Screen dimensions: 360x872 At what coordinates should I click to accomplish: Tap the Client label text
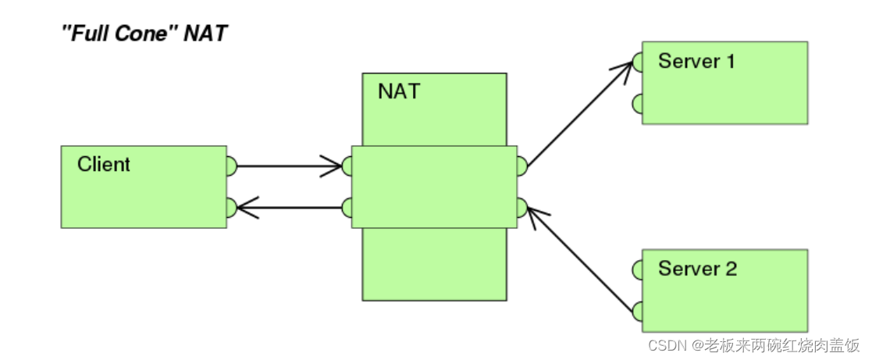tap(104, 165)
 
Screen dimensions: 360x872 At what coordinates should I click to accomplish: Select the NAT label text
tap(398, 91)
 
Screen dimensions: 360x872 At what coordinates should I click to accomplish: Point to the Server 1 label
tap(696, 61)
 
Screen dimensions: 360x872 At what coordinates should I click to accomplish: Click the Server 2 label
tap(697, 269)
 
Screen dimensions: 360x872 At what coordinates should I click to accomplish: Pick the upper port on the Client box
tap(230, 166)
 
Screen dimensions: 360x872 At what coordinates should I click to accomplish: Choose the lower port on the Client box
tap(230, 207)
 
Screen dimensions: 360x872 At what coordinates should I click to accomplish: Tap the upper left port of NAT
tap(347, 166)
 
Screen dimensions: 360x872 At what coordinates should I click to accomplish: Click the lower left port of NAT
tap(347, 207)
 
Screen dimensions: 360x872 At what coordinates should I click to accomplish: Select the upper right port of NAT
tap(521, 166)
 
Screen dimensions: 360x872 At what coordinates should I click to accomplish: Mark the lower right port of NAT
tap(521, 207)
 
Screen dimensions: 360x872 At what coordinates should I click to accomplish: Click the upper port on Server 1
tap(638, 61)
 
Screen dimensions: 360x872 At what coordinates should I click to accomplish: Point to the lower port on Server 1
tap(638, 102)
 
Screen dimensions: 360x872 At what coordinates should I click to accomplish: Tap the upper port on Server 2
tap(638, 270)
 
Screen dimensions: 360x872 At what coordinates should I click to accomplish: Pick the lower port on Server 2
tap(638, 311)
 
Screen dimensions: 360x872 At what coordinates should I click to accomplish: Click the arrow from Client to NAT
tap(289, 166)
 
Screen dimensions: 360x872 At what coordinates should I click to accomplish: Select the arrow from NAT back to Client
tap(289, 207)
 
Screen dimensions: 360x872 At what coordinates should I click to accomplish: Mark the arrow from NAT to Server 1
tap(578, 114)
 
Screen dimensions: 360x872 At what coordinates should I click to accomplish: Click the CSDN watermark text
tap(754, 344)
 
